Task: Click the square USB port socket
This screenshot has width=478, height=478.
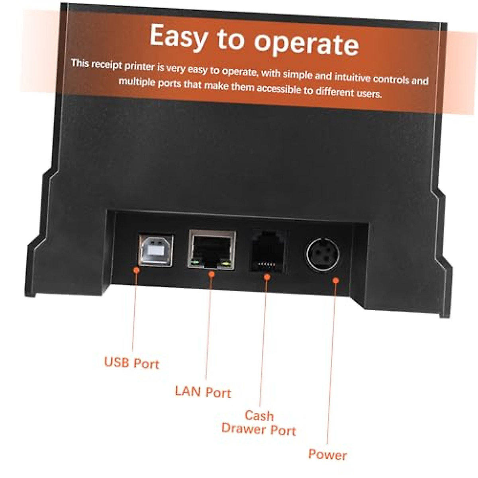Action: click(156, 251)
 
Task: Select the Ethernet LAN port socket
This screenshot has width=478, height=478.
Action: click(212, 249)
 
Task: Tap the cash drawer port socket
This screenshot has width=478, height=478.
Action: click(268, 252)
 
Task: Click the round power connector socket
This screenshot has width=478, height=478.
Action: click(323, 255)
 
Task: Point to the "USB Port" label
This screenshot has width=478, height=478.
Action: click(131, 363)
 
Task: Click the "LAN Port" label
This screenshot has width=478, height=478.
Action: click(203, 392)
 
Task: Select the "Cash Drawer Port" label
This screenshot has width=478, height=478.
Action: click(259, 423)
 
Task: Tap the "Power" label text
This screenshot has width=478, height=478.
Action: click(327, 454)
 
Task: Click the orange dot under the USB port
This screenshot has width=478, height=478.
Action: click(136, 270)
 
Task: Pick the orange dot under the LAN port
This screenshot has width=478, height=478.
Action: click(212, 274)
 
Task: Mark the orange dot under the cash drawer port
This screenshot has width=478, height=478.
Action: click(267, 276)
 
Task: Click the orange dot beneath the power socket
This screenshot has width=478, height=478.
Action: click(336, 280)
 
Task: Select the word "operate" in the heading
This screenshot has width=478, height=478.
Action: click(306, 43)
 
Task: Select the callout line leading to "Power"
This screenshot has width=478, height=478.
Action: click(331, 358)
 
